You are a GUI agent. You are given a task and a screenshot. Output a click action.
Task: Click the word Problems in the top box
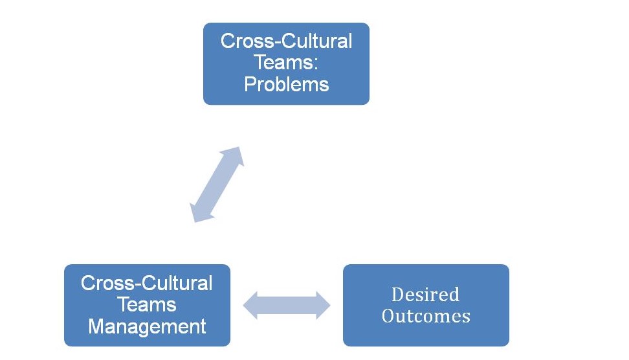point(286,85)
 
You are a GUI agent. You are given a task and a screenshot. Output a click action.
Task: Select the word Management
point(147,326)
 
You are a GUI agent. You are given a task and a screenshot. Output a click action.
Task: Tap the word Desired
point(425,295)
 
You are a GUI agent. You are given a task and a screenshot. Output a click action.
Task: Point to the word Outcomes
point(425,316)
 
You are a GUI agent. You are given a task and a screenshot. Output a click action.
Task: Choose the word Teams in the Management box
point(147,305)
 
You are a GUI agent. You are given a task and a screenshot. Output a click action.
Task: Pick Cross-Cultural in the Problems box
point(286,41)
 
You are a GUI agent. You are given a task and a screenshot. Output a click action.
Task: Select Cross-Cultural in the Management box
point(147,284)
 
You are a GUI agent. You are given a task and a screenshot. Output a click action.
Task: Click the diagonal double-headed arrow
point(217,185)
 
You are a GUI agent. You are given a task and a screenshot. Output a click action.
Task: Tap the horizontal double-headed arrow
point(286,305)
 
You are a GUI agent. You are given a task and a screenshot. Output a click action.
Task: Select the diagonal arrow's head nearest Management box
point(198,213)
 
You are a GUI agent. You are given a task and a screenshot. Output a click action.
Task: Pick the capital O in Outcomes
point(388,316)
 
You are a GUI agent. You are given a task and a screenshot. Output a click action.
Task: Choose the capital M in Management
point(95,326)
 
